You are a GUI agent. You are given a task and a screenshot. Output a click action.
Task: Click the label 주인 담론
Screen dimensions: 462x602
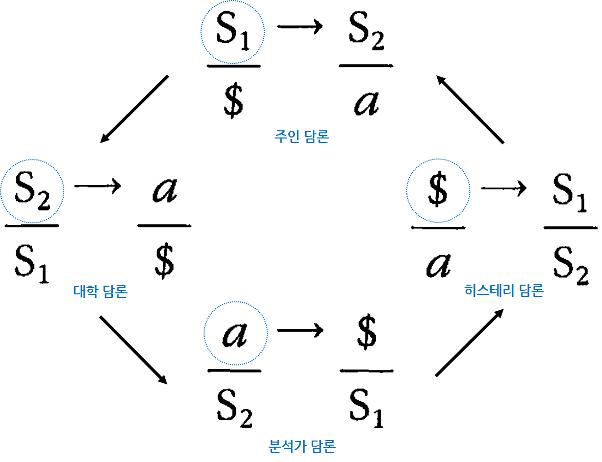(302, 137)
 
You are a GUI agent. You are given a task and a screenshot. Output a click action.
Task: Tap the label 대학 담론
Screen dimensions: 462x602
(101, 292)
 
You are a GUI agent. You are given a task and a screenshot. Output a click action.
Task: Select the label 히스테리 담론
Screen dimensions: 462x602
(504, 291)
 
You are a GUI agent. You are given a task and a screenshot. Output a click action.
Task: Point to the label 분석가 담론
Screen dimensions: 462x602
(302, 446)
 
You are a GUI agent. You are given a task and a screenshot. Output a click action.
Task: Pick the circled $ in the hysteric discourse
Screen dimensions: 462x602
(438, 190)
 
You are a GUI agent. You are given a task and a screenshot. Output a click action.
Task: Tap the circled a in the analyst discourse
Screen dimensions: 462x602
(235, 335)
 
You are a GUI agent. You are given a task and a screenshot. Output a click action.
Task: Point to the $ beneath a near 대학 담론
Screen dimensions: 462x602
(164, 260)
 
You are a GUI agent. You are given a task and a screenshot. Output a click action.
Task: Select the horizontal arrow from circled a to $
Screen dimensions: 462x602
(300, 331)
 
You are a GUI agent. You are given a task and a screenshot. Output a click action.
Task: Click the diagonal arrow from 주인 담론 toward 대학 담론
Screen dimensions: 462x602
(134, 109)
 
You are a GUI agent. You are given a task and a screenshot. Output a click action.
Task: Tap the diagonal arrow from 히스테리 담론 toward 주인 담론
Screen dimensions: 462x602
(470, 109)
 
